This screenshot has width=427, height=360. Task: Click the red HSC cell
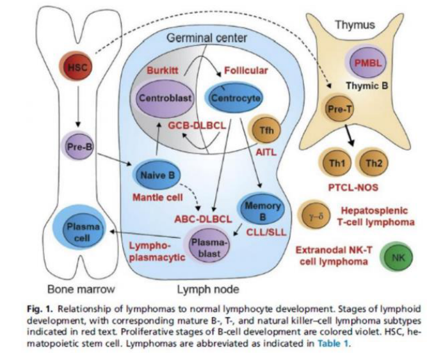76,67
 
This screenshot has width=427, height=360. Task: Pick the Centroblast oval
165,98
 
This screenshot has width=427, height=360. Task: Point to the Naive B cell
157,175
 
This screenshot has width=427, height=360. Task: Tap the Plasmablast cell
208,246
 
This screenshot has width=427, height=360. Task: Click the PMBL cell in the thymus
367,63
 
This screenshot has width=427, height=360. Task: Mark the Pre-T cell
339,109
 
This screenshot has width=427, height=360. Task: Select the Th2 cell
373,163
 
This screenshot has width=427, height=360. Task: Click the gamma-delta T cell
316,216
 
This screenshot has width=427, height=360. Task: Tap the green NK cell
398,257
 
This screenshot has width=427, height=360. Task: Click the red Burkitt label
163,70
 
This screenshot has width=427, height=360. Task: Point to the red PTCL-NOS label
353,187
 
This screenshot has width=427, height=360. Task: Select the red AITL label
266,152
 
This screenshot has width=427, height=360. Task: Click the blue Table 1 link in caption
333,343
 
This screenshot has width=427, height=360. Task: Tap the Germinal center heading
207,38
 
